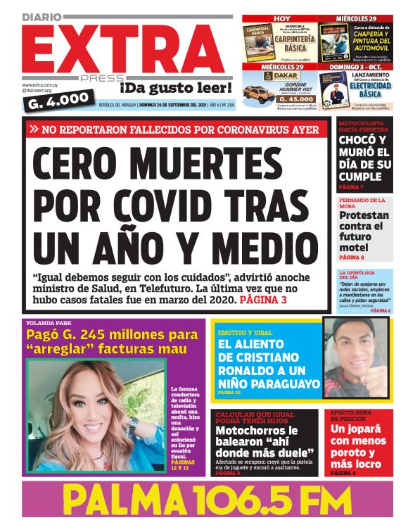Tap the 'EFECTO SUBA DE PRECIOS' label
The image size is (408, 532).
[x=356, y=416]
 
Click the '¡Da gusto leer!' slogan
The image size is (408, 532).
[x=175, y=88]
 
